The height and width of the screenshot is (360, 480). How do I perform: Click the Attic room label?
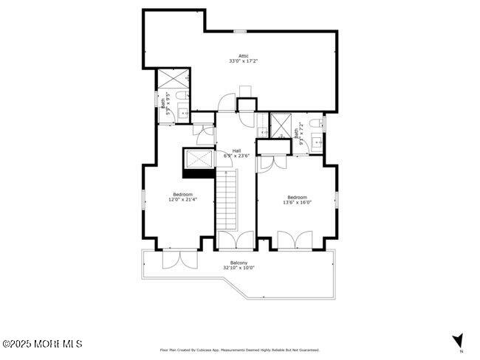click(243, 55)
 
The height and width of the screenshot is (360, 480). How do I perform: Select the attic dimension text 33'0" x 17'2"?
click(243, 61)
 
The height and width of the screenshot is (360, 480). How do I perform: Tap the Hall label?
click(236, 150)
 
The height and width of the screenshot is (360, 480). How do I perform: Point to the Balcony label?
click(239, 263)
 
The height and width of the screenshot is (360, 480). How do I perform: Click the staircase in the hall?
click(226, 199)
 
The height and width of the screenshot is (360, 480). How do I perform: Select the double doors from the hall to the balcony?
click(236, 240)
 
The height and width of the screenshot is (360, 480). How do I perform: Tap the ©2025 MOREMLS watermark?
click(41, 345)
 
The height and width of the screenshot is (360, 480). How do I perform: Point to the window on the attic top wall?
click(240, 30)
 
